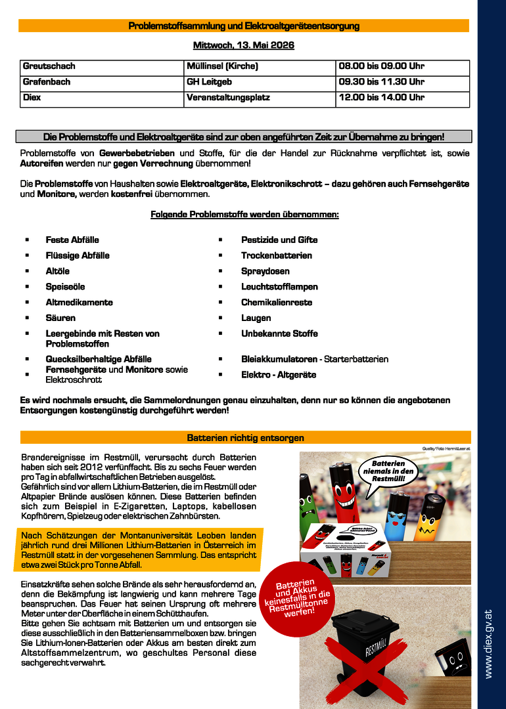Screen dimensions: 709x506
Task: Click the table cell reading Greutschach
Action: tap(49, 66)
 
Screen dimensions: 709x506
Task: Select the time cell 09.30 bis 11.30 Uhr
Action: tap(381, 82)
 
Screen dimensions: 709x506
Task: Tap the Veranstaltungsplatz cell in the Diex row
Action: tap(228, 98)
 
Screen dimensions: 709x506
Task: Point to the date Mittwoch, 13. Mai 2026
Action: tap(243, 45)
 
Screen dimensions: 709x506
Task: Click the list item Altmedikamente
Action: tap(79, 303)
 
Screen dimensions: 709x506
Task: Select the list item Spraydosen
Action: tap(265, 271)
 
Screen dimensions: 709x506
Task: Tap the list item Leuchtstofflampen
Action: tap(279, 287)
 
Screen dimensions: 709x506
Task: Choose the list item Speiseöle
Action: tap(65, 287)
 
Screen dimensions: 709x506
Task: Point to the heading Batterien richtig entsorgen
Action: tap(245, 437)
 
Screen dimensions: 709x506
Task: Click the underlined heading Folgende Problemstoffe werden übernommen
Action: tap(244, 215)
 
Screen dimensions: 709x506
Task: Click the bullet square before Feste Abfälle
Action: tap(27, 240)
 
